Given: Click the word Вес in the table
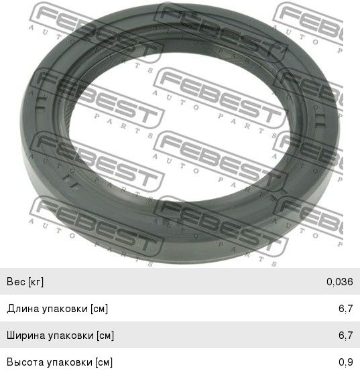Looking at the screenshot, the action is [x=16, y=281].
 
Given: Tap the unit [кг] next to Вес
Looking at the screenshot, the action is [x=36, y=282].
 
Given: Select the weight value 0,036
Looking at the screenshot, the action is [x=340, y=282].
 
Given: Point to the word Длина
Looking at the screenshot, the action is [x=23, y=309].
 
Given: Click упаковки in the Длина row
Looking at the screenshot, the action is [x=65, y=309].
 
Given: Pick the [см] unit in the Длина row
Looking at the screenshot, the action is [x=99, y=309].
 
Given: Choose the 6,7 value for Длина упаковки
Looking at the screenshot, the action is [x=346, y=309].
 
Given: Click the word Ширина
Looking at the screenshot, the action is [x=26, y=335].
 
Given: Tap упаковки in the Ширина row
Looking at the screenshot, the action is [x=71, y=335].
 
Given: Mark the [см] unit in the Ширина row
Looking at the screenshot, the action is [x=105, y=335].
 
